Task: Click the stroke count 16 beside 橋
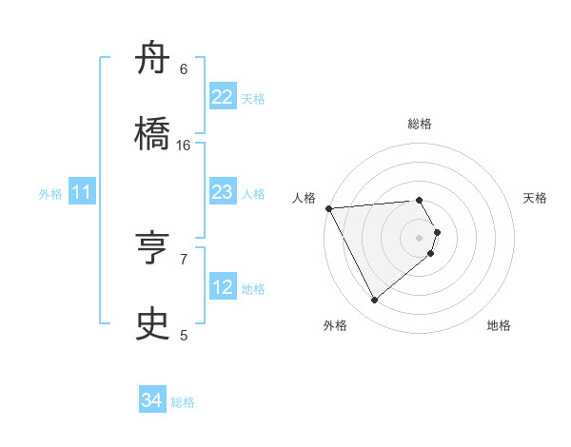[184, 146]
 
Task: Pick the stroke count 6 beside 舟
[184, 68]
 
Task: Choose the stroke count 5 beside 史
[184, 335]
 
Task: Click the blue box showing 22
[222, 97]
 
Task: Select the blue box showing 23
[222, 192]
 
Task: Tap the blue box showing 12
[222, 287]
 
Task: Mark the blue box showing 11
[82, 193]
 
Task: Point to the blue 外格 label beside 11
[50, 194]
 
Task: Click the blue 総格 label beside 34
[183, 402]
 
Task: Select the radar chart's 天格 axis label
[536, 198]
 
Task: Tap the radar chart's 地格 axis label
[499, 326]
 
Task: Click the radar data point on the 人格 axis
[328, 208]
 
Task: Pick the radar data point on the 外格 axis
[374, 301]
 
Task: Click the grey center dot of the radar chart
[420, 237]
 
